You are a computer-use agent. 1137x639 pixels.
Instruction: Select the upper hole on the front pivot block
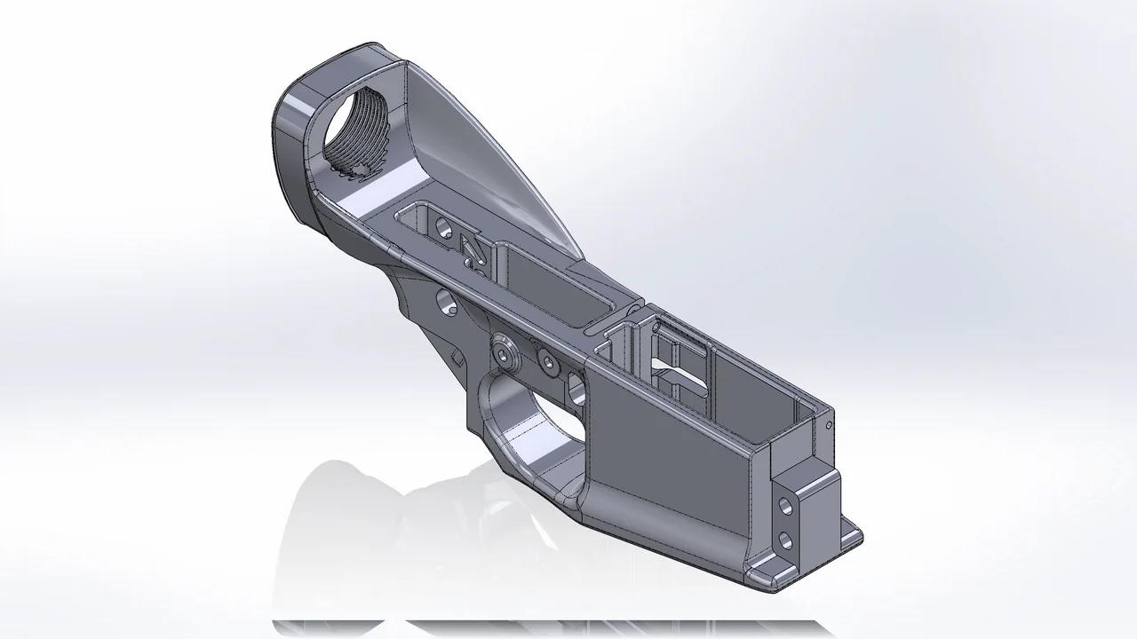785,508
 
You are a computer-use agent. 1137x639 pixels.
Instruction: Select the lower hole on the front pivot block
785,539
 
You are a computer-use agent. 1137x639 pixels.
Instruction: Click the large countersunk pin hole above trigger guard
507,354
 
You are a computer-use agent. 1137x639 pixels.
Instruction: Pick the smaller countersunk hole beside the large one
548,362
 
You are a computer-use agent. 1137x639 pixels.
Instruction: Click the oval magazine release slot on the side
576,388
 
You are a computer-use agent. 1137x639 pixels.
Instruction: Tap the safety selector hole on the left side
447,304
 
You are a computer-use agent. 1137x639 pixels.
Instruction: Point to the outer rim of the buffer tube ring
289,142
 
